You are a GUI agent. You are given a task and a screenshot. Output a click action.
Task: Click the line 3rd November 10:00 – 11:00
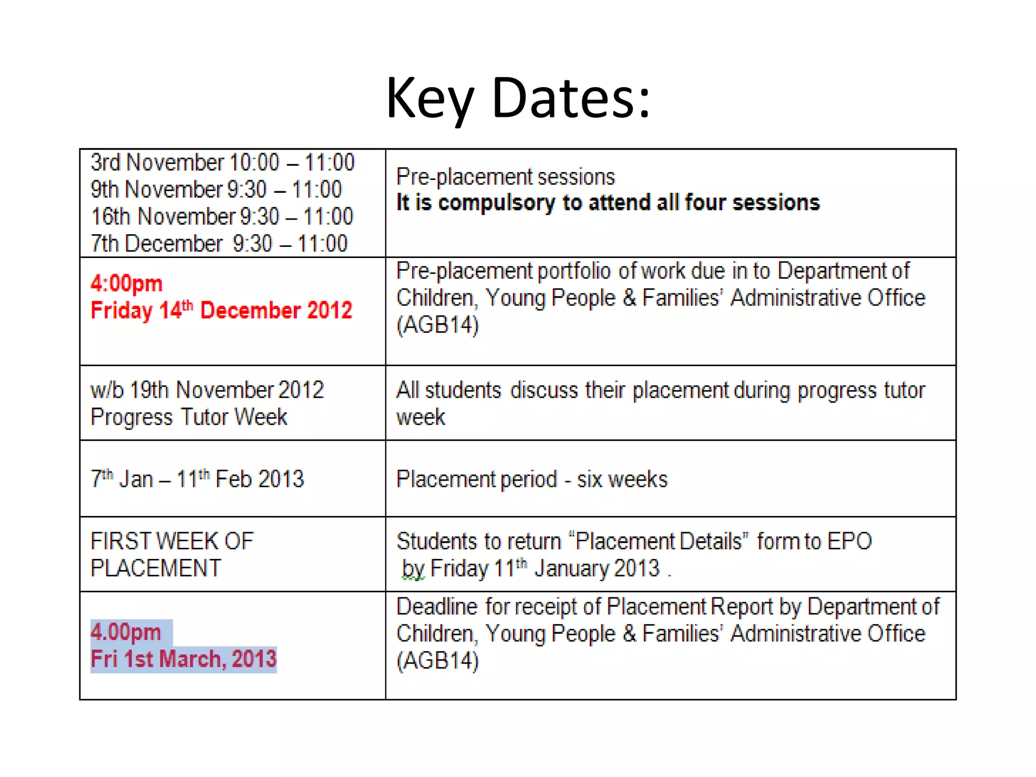[x=223, y=163]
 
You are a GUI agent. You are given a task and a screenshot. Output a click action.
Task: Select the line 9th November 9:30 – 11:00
[x=216, y=190]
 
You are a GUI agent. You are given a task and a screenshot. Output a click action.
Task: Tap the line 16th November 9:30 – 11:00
[x=222, y=217]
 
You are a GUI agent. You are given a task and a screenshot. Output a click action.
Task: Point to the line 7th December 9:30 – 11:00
[x=219, y=244]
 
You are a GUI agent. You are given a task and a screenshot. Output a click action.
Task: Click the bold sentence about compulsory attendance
[x=608, y=202]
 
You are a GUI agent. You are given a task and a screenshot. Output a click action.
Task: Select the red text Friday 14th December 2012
[x=221, y=310]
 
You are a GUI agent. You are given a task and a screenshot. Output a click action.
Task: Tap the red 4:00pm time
[x=126, y=283]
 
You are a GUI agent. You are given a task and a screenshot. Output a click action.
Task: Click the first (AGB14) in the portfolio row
[x=438, y=325]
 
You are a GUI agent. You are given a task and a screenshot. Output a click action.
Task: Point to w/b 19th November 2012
[x=207, y=390]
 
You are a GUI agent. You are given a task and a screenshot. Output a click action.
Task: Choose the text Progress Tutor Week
[x=189, y=417]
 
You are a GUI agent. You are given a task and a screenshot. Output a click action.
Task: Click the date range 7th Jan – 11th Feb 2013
[x=197, y=479]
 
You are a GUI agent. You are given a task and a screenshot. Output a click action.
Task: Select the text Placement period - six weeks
[x=532, y=479]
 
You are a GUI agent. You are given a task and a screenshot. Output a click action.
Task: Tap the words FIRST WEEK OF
[x=172, y=541]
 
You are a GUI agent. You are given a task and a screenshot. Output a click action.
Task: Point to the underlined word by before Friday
[x=413, y=569]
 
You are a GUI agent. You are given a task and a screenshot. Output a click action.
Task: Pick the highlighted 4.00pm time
[x=126, y=632]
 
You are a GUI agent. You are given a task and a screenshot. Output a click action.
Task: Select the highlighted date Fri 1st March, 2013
[x=183, y=659]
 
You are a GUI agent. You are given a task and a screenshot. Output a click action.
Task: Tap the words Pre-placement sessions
[x=505, y=177]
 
